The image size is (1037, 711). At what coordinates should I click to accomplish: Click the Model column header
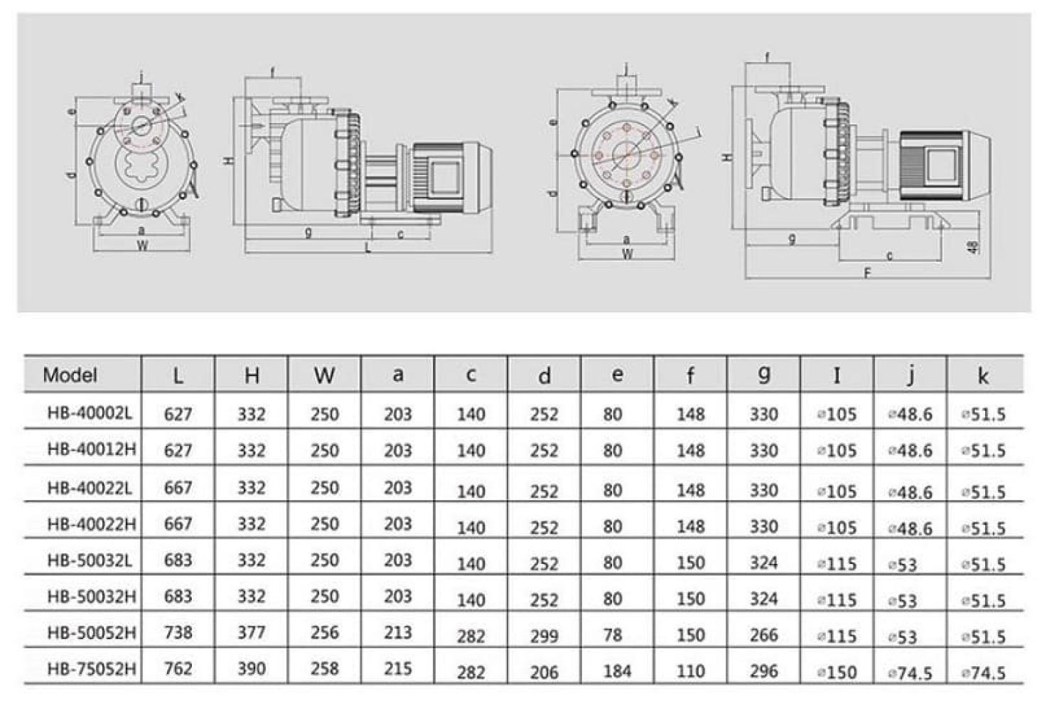click(x=70, y=375)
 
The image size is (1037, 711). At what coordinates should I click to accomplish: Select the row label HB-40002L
click(x=90, y=413)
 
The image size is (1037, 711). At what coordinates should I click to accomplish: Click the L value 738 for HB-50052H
click(x=178, y=632)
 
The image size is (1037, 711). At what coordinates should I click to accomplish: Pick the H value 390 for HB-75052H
click(x=252, y=668)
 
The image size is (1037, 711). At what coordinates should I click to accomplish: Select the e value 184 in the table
click(x=616, y=670)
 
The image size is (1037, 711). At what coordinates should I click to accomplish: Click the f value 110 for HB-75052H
click(x=690, y=670)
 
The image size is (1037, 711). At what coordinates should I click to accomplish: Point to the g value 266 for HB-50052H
click(x=763, y=634)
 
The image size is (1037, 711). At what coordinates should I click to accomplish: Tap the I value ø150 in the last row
click(x=837, y=672)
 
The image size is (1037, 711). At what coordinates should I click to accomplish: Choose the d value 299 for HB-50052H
click(x=544, y=636)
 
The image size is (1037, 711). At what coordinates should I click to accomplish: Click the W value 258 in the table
click(x=324, y=668)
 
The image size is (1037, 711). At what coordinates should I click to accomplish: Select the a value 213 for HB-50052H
click(x=397, y=632)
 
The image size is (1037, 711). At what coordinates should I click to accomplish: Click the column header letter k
click(x=983, y=375)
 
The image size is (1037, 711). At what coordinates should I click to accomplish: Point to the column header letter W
click(x=324, y=375)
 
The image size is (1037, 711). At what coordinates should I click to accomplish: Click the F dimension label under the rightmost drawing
click(x=867, y=273)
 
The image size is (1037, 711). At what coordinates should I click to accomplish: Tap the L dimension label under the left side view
click(x=368, y=249)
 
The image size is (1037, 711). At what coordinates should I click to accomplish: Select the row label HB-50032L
click(x=90, y=560)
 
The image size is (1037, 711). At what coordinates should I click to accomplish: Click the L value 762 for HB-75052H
click(x=178, y=668)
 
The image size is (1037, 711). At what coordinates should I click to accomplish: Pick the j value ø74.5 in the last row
click(x=910, y=672)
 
